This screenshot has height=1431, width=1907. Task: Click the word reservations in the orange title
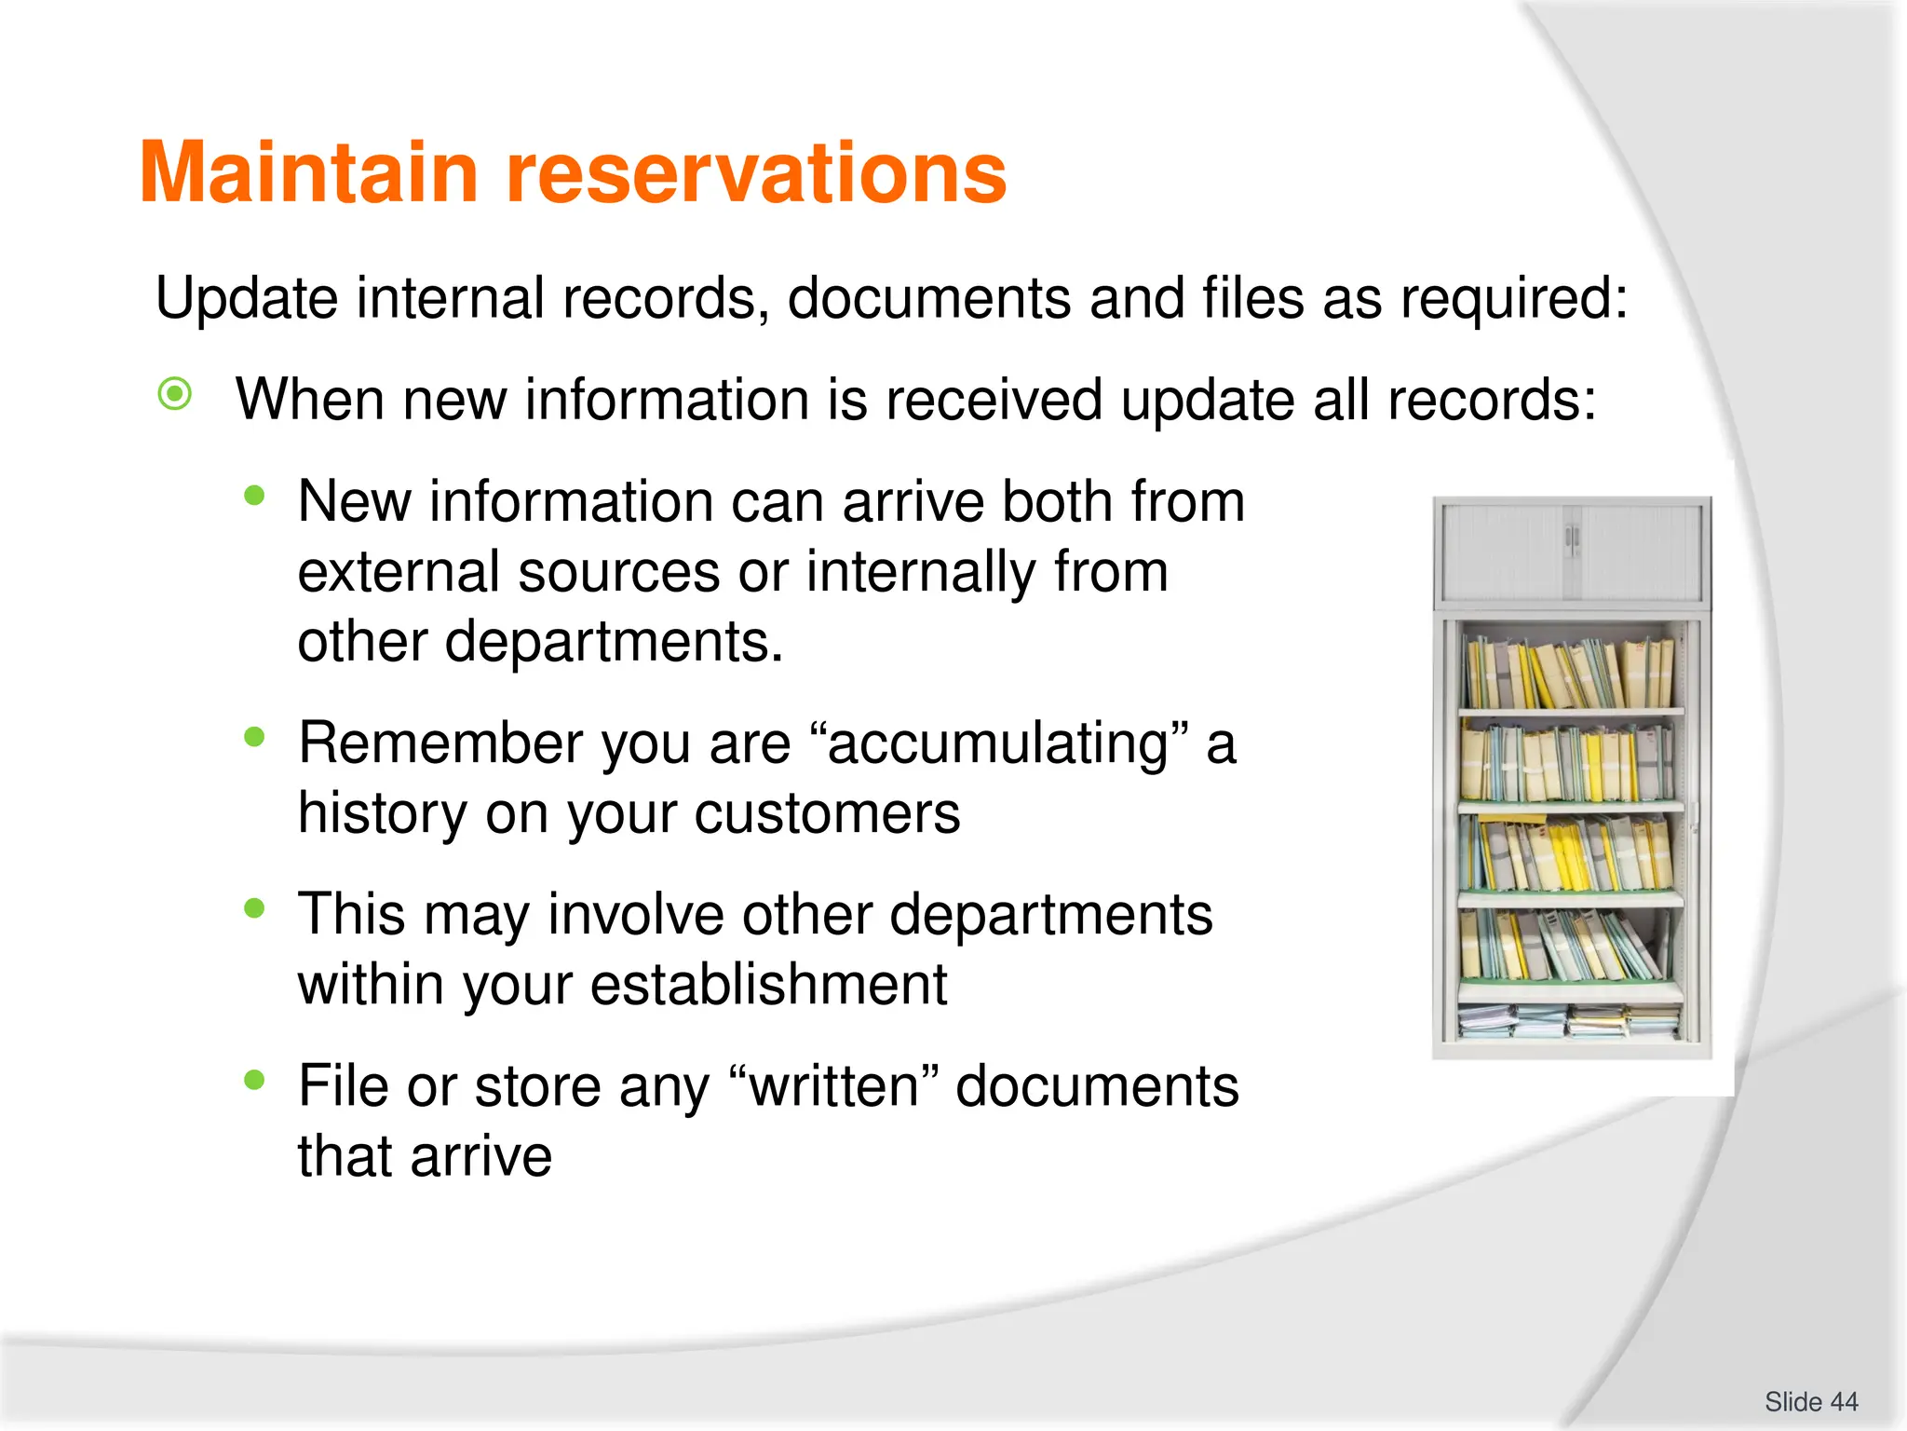(756, 173)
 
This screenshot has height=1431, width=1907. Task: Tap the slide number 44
(1843, 1401)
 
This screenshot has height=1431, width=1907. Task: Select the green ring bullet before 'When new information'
(175, 394)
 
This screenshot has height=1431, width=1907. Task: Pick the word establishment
(768, 985)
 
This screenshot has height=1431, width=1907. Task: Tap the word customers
(827, 813)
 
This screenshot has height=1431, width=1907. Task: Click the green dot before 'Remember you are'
(254, 738)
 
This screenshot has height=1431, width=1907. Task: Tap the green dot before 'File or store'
(254, 1081)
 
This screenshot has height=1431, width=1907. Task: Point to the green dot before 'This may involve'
(254, 908)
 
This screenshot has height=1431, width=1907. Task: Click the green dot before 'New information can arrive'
(254, 497)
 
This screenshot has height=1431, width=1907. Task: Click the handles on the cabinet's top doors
(1572, 538)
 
